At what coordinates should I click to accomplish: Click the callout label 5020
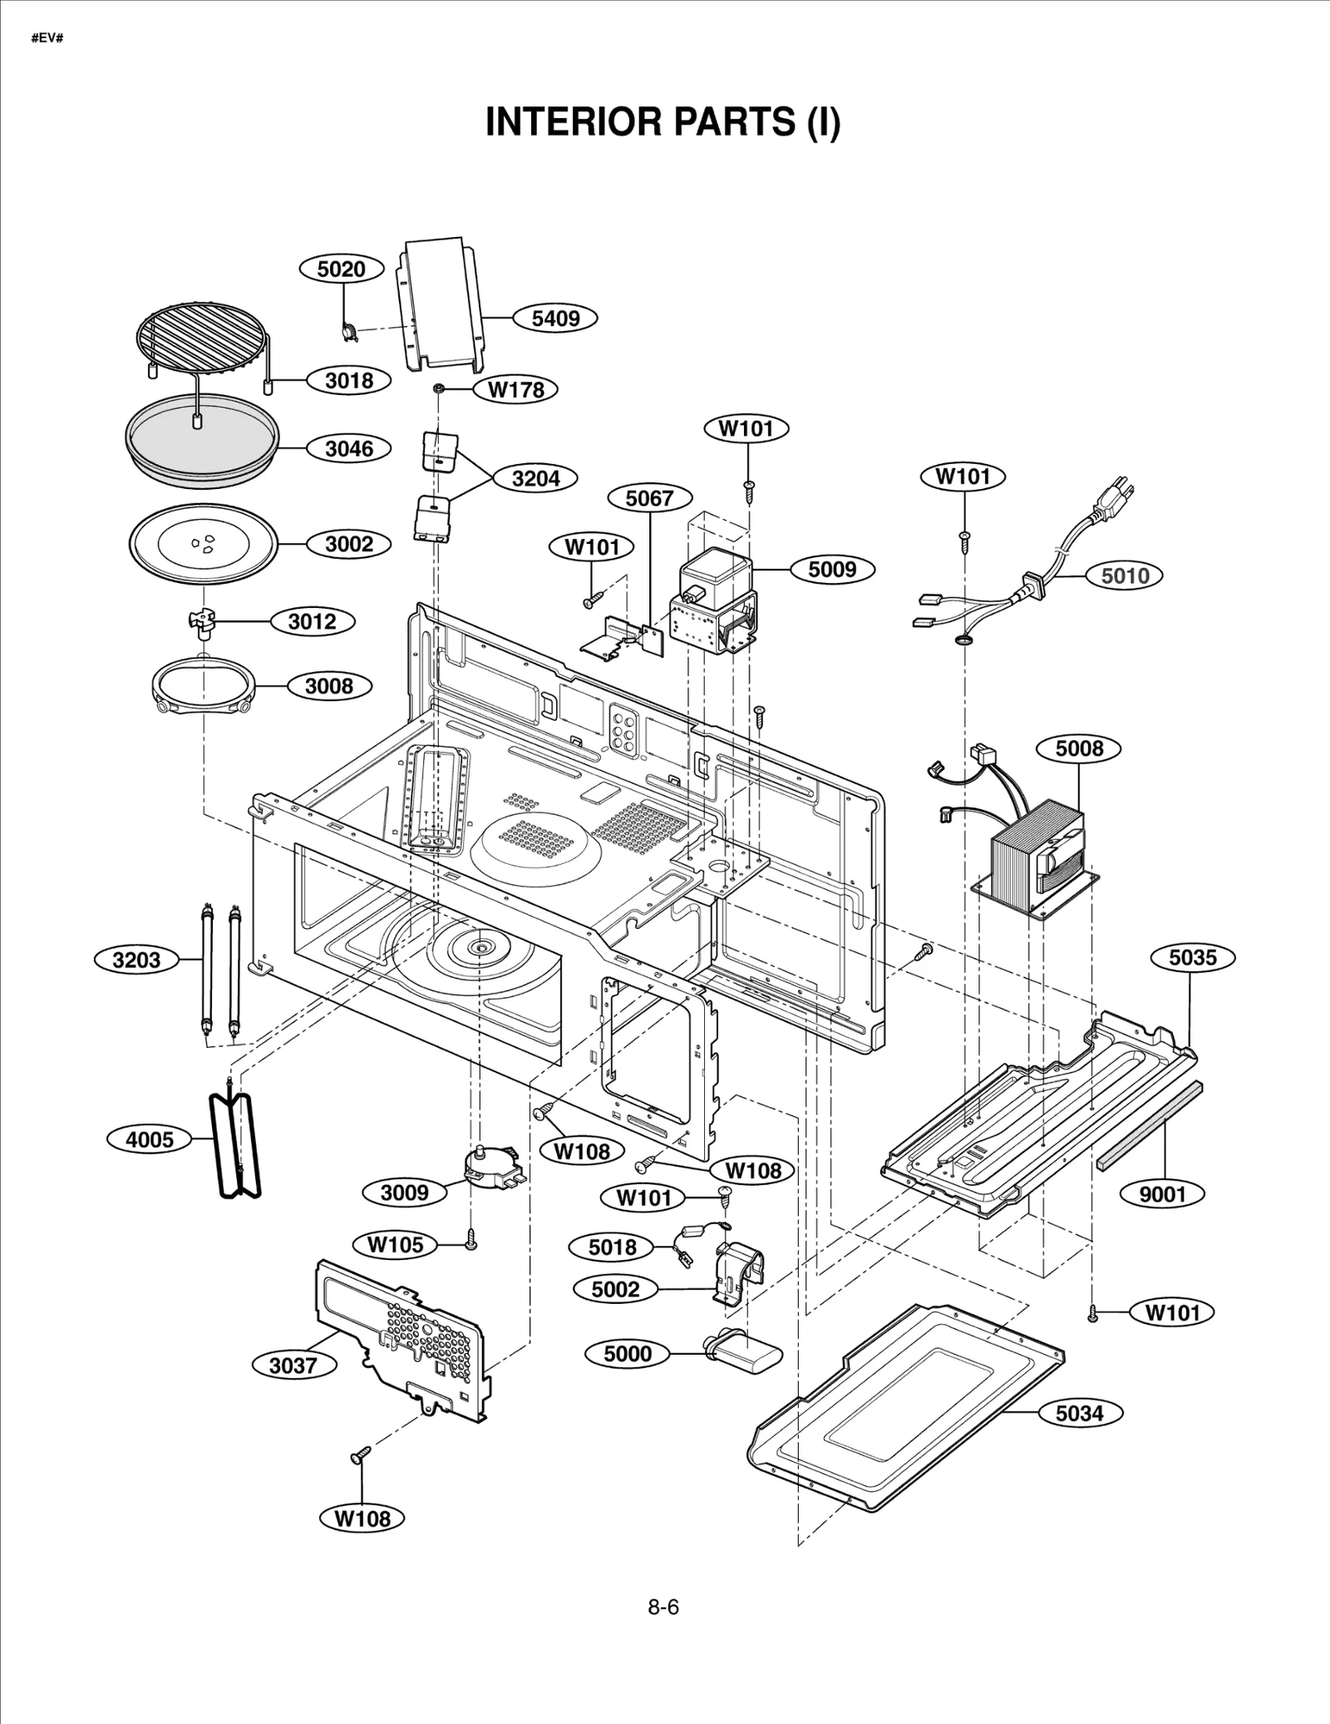point(342,269)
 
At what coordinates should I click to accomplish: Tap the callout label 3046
point(349,449)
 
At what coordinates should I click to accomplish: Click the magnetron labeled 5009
point(715,603)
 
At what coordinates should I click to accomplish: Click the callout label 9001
point(1162,1194)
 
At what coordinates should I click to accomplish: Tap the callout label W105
point(396,1245)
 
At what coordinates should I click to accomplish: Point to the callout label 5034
point(1079,1413)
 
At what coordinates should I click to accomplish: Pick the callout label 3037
point(293,1366)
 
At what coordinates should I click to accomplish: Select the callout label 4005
point(150,1139)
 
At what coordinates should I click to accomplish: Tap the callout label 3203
point(136,960)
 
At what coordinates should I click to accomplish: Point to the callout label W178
point(515,389)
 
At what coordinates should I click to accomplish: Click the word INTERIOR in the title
point(574,122)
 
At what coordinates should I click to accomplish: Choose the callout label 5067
point(649,498)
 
